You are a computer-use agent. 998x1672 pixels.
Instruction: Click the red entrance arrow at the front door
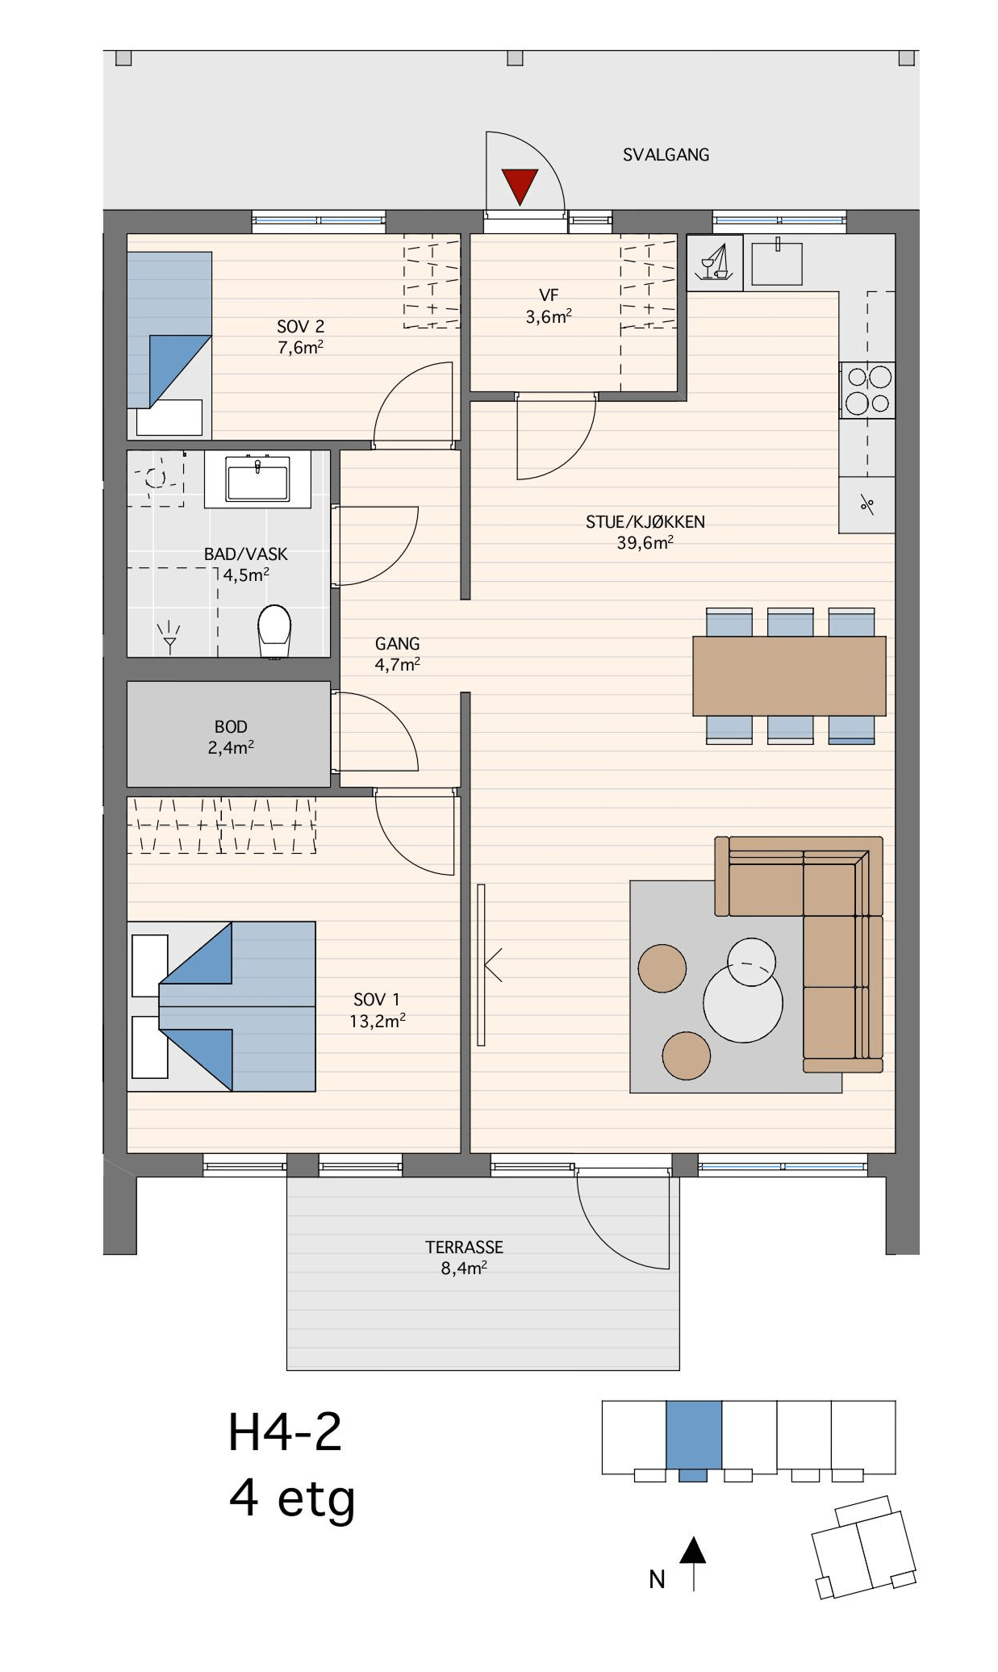click(520, 186)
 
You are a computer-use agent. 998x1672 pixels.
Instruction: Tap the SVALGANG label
click(666, 155)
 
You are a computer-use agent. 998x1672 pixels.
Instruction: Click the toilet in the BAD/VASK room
click(274, 631)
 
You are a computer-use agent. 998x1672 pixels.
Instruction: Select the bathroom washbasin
click(257, 479)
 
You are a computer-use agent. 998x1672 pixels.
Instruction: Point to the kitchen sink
click(777, 262)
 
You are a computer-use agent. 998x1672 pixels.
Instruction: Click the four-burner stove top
click(868, 390)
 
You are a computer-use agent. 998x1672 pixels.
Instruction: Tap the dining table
click(789, 675)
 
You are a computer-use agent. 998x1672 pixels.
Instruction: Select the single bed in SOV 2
click(169, 345)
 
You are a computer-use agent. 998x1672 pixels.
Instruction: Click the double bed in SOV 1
click(221, 1006)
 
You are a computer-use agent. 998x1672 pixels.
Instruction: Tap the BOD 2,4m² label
click(231, 738)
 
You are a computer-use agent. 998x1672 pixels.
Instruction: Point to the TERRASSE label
click(464, 1247)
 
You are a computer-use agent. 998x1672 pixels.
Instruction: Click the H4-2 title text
click(285, 1433)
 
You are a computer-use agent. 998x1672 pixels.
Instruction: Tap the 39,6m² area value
click(645, 543)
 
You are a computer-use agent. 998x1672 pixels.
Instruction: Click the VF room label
click(549, 295)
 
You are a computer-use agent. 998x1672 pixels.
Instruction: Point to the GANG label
click(397, 644)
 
